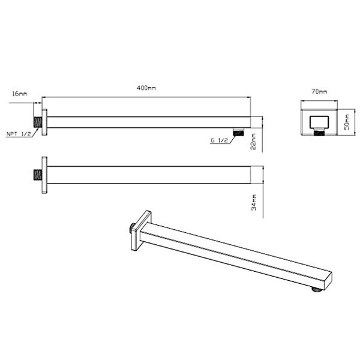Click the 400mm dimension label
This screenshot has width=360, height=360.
pos(146,88)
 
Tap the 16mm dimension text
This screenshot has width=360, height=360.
pos(19,94)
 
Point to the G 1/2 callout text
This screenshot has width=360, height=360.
pos(218,140)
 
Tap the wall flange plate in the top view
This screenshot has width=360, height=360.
pos(45,176)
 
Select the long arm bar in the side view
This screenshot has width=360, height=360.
pos(150,121)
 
